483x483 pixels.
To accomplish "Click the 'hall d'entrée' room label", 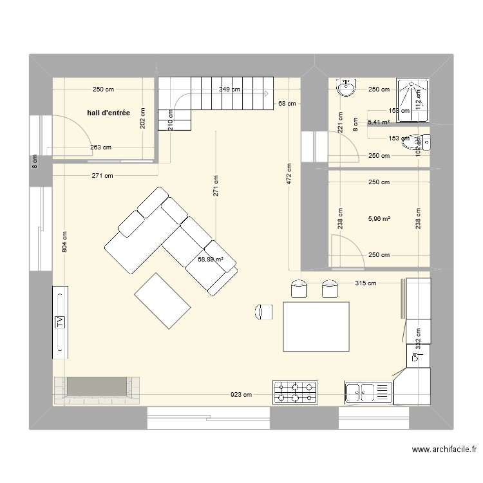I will pos(108,113).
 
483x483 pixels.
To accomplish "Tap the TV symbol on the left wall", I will pos(61,322).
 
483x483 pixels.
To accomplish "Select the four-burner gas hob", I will pos(296,392).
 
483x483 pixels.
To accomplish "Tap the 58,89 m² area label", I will pos(211,260).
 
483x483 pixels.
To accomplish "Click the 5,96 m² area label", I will pos(379,219).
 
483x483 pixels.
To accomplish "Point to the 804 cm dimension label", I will pos(64,242).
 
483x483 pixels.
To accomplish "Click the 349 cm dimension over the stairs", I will pos(229,90).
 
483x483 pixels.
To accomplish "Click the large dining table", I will pos(316,327).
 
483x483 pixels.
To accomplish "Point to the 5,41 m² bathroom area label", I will pos(379,122).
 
